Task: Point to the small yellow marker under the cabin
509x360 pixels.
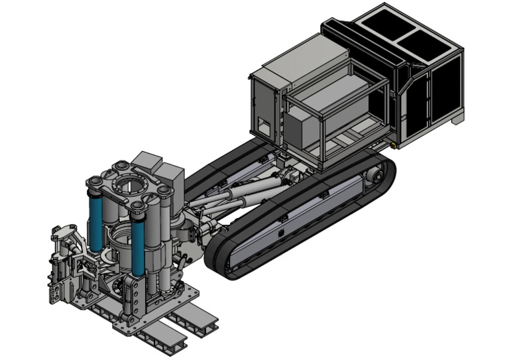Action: tap(394, 141)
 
